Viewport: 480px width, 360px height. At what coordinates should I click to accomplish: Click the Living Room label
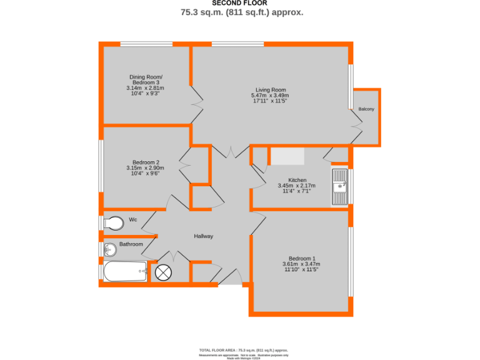pyautogui.click(x=270, y=89)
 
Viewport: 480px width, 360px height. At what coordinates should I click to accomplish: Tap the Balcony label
pyautogui.click(x=366, y=109)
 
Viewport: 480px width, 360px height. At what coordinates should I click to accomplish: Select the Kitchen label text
pyautogui.click(x=296, y=179)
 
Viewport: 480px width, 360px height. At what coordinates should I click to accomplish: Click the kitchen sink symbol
pyautogui.click(x=340, y=186)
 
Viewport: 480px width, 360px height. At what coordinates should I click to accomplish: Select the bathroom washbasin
pyautogui.click(x=109, y=250)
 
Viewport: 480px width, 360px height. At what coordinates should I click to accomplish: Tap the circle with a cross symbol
pyautogui.click(x=163, y=272)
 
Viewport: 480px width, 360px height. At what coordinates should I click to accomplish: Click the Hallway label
pyautogui.click(x=203, y=236)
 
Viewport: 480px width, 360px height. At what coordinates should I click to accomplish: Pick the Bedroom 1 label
pyautogui.click(x=301, y=258)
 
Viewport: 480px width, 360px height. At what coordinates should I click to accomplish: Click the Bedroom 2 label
pyautogui.click(x=144, y=162)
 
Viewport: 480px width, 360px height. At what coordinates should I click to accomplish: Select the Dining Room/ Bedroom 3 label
pyautogui.click(x=145, y=79)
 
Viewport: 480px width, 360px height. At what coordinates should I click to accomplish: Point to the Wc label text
pyautogui.click(x=132, y=219)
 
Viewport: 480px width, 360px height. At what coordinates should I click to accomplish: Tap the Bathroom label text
pyautogui.click(x=131, y=244)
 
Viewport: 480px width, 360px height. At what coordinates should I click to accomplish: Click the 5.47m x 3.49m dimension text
pyautogui.click(x=270, y=96)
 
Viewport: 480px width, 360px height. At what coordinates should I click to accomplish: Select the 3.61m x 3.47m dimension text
pyautogui.click(x=301, y=264)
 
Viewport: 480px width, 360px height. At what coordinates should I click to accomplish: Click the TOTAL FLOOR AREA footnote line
pyautogui.click(x=243, y=351)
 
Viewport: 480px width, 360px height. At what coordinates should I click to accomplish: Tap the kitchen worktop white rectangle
pyautogui.click(x=286, y=156)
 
